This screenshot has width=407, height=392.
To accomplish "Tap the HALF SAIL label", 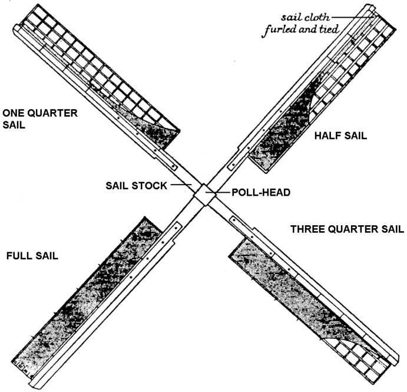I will click(341, 136).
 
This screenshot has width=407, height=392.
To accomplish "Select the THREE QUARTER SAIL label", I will click(347, 229).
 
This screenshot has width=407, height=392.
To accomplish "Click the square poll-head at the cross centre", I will click(204, 194).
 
